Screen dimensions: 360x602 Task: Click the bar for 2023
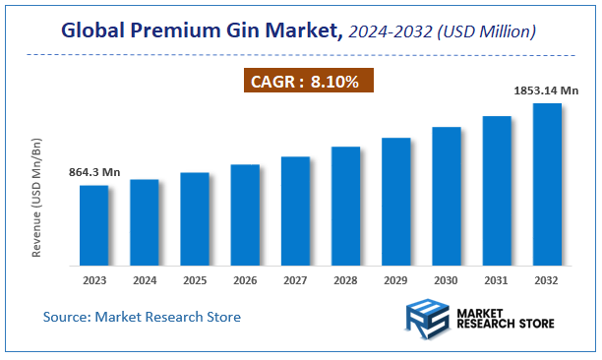[93, 225]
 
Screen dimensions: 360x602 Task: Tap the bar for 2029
[395, 202]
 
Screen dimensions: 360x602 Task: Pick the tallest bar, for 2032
[547, 184]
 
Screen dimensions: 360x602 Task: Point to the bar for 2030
[446, 196]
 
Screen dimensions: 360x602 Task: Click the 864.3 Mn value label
[94, 172]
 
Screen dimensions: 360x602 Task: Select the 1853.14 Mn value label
[546, 90]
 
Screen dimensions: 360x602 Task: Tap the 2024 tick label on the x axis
[145, 280]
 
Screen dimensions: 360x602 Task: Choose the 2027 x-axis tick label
[295, 280]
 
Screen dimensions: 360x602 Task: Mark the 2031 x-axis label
[497, 280]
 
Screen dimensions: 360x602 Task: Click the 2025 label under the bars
[195, 280]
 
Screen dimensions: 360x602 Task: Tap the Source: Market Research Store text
[142, 317]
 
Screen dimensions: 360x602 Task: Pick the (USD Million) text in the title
[488, 33]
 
